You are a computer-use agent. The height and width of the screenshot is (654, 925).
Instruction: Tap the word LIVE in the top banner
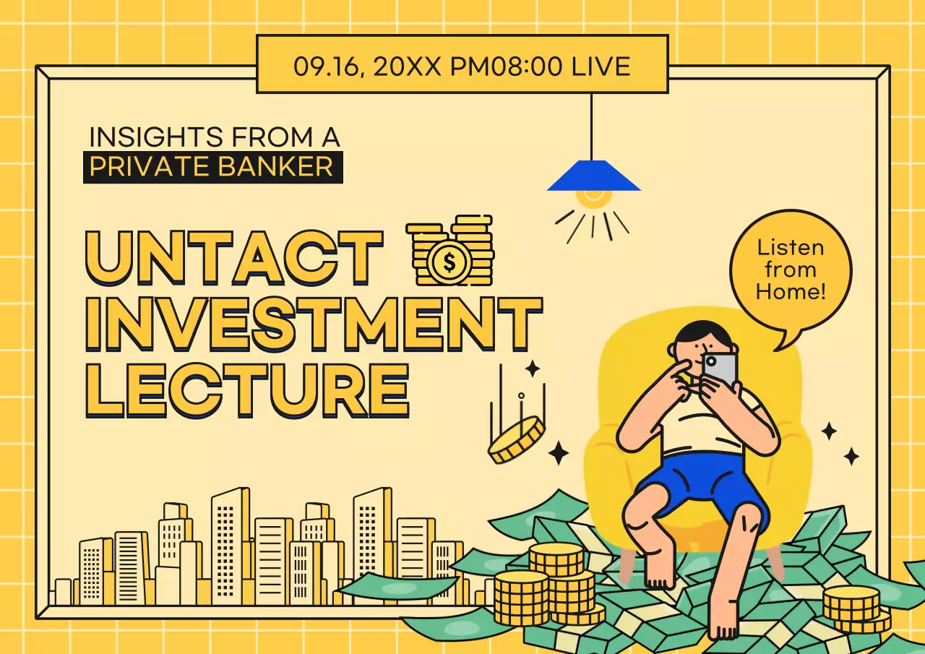[601, 66]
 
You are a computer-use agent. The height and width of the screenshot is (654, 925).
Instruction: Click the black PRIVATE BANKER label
[212, 167]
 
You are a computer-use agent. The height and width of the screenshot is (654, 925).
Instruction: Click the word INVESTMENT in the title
[313, 323]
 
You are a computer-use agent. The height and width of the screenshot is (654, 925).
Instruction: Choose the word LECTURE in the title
[247, 390]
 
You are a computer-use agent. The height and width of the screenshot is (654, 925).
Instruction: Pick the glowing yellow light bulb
[593, 198]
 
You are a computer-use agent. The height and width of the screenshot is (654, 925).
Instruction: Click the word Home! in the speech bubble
[790, 293]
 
